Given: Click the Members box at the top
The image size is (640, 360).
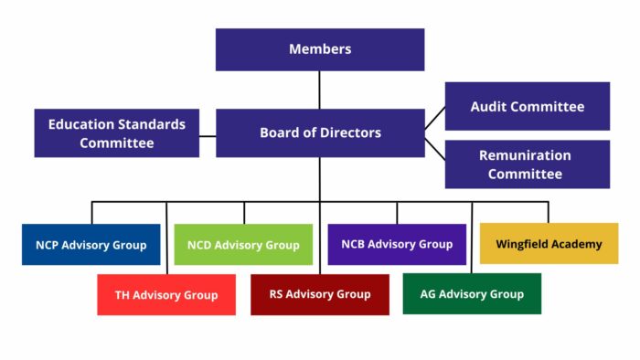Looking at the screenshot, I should point(320,49).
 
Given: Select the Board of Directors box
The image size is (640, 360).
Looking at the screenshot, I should point(320,133).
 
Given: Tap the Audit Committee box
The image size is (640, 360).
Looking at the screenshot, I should point(528,107).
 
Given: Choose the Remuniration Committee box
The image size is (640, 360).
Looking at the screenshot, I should point(528,164).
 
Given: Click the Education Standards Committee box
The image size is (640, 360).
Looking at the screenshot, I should point(116,133).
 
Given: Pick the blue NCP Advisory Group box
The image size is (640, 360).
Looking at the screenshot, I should point(91,245).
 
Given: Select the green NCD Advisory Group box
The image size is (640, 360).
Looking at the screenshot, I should point(243,245).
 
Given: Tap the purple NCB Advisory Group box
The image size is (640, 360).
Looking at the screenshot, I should point(397,244).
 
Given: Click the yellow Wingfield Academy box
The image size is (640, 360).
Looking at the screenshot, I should point(549,244).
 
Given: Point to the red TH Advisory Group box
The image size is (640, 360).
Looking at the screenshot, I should point(166,295).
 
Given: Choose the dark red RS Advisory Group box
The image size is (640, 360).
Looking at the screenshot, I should point(320,294).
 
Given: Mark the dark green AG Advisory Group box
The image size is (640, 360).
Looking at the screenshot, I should point(472,294).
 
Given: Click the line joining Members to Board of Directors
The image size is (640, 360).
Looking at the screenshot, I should point(320,90).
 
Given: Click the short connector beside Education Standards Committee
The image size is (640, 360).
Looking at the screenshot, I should point(208,135).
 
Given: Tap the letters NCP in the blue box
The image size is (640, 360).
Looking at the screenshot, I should point(48,245).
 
